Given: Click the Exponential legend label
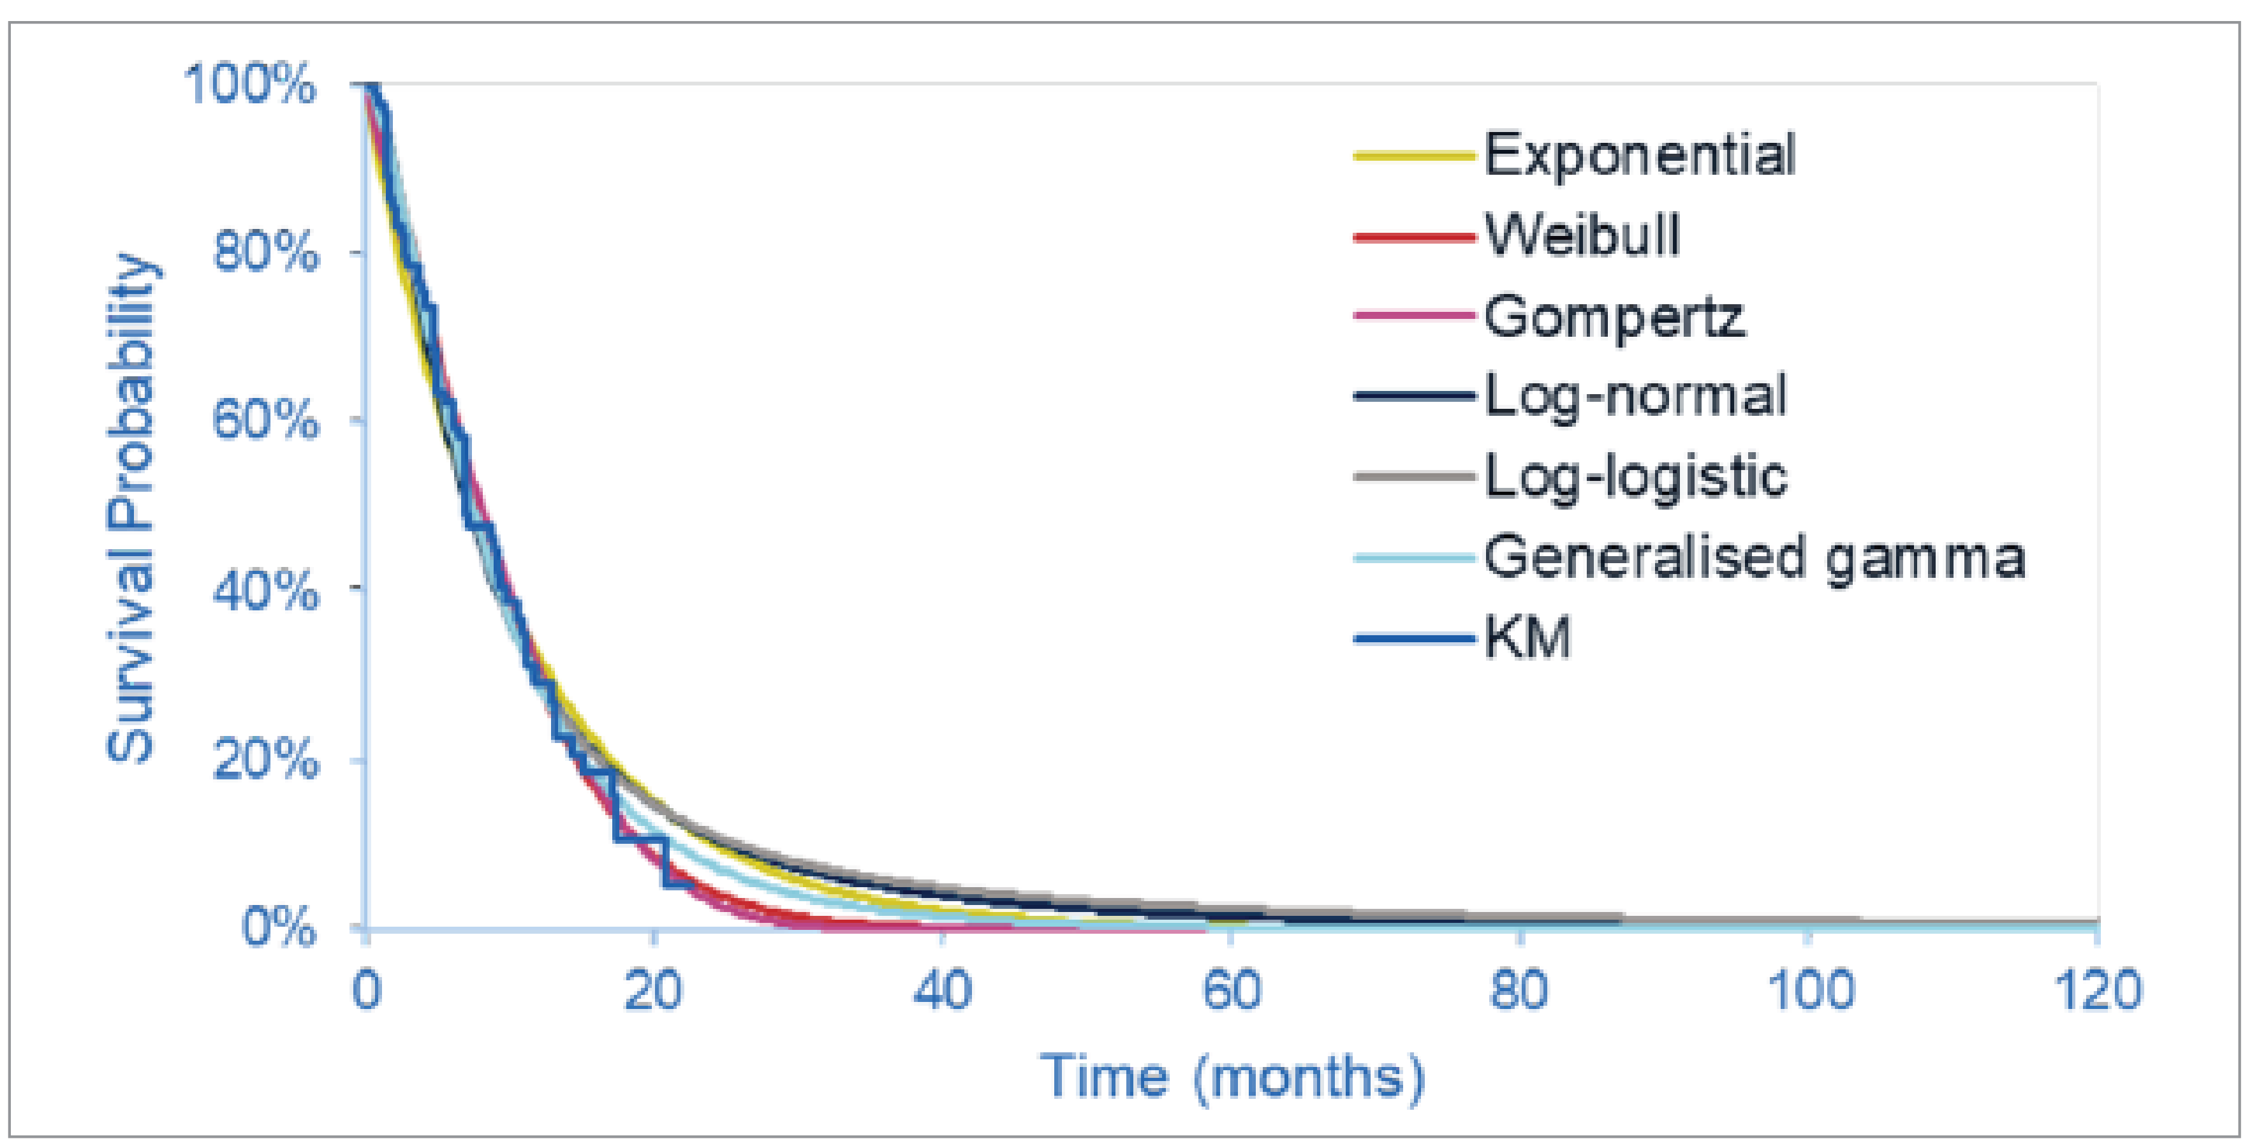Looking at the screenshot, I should click(x=1639, y=156).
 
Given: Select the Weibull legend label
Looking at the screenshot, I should click(x=1582, y=235).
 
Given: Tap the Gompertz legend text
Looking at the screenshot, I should click(x=1614, y=316).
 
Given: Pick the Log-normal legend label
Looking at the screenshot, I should click(x=1635, y=397).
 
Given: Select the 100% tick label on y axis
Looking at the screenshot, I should click(x=249, y=85).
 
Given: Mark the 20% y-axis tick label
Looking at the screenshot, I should click(x=265, y=759).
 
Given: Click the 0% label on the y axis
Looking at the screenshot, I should click(x=278, y=927).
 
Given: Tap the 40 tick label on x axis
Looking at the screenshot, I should click(x=941, y=990).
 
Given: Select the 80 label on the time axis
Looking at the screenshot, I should click(x=1519, y=990).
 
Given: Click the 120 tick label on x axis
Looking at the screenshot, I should click(x=2096, y=990).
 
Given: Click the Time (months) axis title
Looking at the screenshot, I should click(x=1232, y=1077).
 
